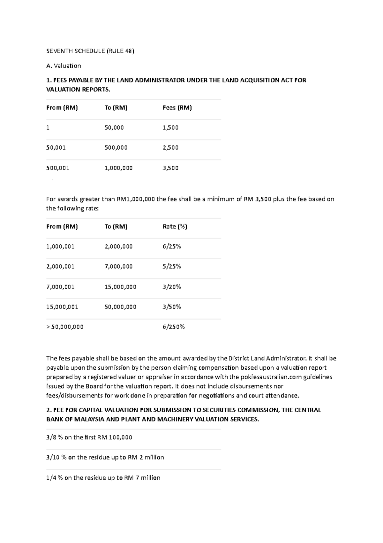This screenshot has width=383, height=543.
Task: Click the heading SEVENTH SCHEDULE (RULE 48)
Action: click(90, 51)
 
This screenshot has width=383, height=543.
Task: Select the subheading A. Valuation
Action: click(64, 66)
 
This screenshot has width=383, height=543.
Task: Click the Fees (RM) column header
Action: click(177, 108)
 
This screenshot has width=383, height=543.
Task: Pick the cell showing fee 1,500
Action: click(170, 128)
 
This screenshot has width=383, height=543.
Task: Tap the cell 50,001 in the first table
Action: click(56, 148)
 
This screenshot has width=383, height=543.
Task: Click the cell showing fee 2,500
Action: click(170, 148)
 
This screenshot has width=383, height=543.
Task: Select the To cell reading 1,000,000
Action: click(118, 168)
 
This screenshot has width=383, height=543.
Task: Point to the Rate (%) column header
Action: click(175, 226)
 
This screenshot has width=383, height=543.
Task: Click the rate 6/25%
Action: click(172, 247)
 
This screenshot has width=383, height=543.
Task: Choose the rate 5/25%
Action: click(172, 266)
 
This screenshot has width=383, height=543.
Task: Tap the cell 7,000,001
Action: click(60, 287)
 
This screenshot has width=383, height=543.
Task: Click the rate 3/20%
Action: click(172, 287)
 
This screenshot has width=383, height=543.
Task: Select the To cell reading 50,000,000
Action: click(120, 307)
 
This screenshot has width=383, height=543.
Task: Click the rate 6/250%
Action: click(174, 327)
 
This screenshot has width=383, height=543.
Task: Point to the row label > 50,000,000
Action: click(65, 327)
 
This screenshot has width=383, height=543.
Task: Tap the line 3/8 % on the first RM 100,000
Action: click(89, 437)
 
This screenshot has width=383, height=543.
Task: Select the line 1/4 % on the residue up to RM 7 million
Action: click(103, 478)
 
